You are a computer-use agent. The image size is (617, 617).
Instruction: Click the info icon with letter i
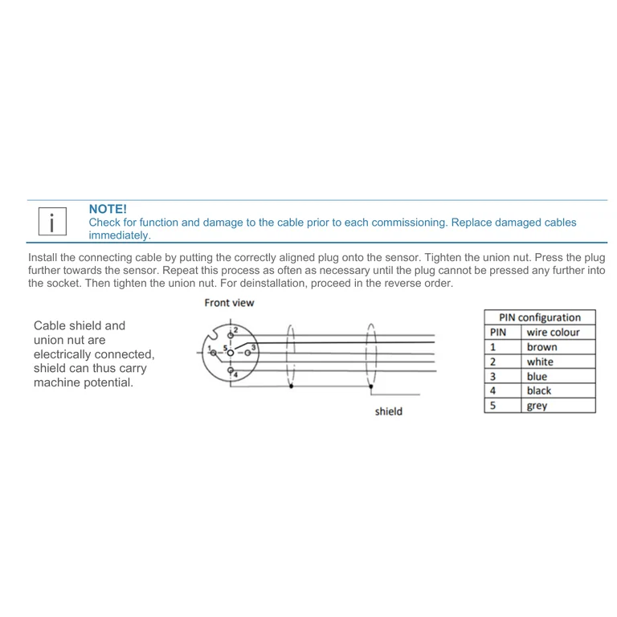click(52, 222)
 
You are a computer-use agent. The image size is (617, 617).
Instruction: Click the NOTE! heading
click(108, 209)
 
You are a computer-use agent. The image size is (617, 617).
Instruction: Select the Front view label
click(229, 303)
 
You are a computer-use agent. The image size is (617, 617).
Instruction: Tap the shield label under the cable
click(388, 411)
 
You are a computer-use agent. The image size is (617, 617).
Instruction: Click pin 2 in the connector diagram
click(231, 335)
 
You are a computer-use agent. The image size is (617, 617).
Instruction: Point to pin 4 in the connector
click(231, 370)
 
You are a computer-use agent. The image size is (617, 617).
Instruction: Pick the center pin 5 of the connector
click(231, 353)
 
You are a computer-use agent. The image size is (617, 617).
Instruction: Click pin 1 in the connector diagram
click(213, 353)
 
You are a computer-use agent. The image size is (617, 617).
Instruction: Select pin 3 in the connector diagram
click(247, 353)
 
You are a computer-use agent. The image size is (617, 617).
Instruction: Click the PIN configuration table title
click(540, 317)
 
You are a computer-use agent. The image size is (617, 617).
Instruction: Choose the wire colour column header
click(553, 332)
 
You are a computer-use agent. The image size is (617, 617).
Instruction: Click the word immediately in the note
click(120, 235)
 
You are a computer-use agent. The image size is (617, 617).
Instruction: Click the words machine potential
click(84, 382)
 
